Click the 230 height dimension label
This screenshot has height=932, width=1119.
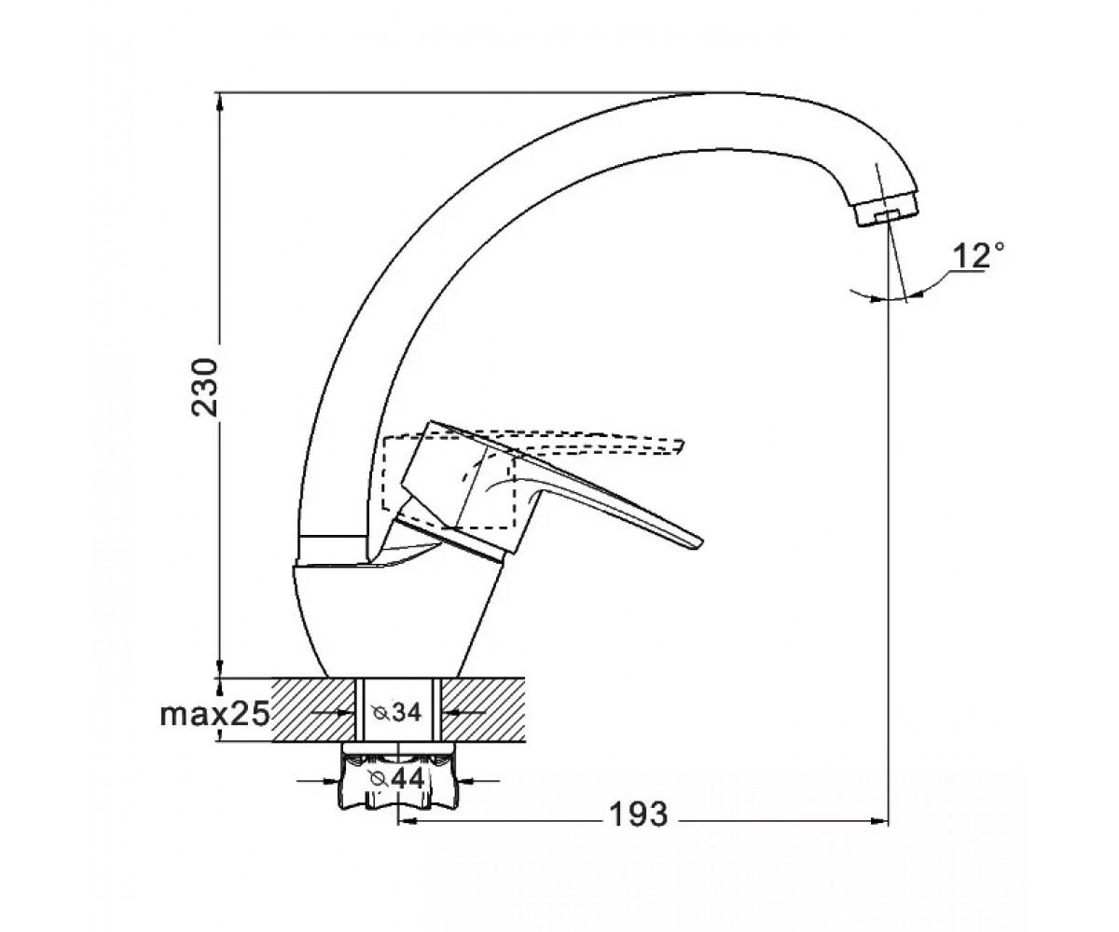[205, 388]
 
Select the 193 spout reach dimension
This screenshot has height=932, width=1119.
[639, 814]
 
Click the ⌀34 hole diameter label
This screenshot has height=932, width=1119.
[397, 712]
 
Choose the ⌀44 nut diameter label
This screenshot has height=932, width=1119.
[396, 778]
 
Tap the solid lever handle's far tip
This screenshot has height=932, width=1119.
[700, 542]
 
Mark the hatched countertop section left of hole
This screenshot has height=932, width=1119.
[313, 709]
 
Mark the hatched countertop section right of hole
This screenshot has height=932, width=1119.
[482, 709]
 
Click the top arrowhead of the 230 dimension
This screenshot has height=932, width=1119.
[219, 103]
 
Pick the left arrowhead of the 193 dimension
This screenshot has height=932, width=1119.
[408, 820]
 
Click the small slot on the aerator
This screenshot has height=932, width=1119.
[885, 216]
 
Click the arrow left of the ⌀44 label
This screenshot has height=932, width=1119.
[317, 780]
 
